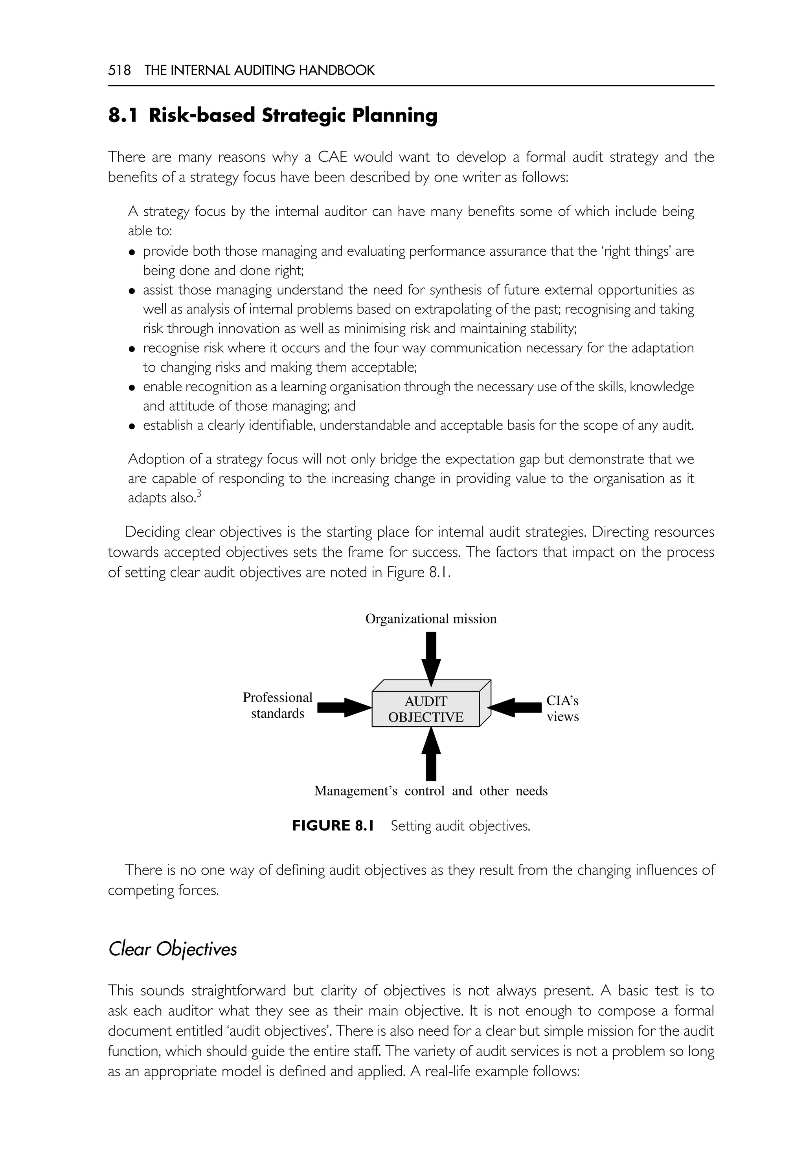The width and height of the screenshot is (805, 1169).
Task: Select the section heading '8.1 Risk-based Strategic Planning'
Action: (272, 115)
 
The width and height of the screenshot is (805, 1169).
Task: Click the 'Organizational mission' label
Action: (431, 619)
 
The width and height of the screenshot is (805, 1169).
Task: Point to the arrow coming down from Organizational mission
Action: (431, 658)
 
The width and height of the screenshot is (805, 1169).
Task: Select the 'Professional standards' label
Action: (278, 705)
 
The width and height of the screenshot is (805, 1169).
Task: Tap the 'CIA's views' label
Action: (562, 708)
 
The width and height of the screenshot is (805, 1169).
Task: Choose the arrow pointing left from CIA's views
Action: (515, 707)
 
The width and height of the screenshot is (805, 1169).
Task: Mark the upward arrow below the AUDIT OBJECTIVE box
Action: (431, 755)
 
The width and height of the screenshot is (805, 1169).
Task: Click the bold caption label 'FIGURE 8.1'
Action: (333, 826)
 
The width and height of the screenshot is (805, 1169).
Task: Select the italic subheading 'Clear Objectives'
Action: (173, 949)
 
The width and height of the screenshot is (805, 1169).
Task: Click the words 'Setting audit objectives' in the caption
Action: (460, 826)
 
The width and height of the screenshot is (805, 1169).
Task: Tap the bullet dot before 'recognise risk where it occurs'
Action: (132, 349)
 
